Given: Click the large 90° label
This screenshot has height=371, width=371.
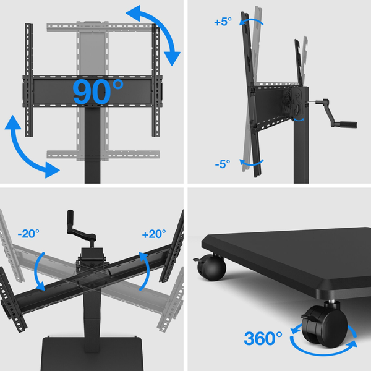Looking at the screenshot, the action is [98, 92].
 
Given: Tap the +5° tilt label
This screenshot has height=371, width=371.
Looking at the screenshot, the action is [223, 22].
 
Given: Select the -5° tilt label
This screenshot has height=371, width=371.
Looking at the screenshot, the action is [223, 164].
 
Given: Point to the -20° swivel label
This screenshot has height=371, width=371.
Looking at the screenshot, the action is [28, 234].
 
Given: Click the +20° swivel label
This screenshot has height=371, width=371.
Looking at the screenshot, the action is [154, 234].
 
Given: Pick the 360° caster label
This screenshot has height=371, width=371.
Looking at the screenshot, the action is [263, 338].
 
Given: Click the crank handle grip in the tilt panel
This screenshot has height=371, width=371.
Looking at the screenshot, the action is [348, 124].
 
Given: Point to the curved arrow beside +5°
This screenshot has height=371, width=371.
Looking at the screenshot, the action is [251, 22].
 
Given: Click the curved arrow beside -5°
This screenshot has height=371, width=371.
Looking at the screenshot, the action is [251, 163].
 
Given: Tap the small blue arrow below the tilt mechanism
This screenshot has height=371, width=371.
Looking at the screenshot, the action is [299, 120].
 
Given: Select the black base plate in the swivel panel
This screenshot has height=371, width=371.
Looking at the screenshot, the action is [92, 354].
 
